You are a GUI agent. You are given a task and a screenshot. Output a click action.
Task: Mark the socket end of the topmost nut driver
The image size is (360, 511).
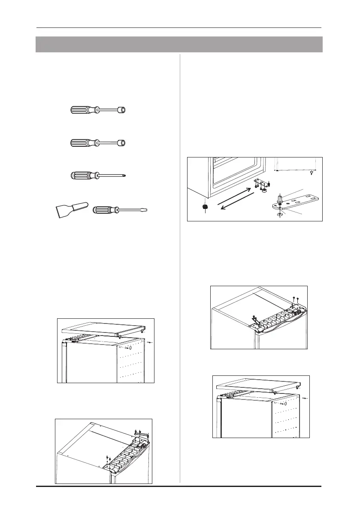[123, 110]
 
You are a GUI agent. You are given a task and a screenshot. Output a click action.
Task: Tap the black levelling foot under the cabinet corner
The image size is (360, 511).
[205, 208]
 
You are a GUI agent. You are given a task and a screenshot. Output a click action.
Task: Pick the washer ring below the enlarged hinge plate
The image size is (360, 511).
[279, 213]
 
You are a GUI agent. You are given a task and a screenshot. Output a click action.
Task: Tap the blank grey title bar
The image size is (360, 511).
[178, 44]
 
